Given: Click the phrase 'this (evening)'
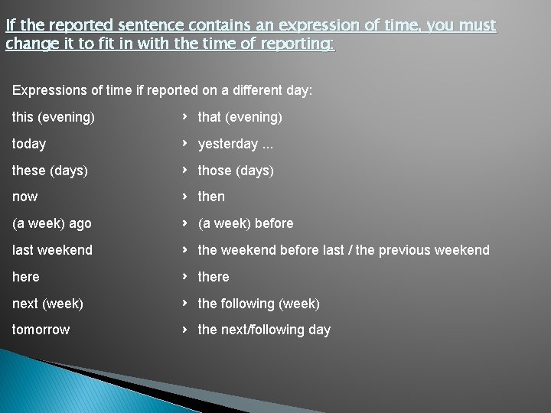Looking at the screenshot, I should point(54,117).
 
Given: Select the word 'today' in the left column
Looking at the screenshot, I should point(29,144).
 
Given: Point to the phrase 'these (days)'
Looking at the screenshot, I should point(50,171).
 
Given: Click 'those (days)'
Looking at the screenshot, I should point(235,171).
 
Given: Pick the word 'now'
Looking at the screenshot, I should point(24,197).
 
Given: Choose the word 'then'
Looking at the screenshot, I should point(211,197).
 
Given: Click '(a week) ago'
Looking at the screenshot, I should point(51,223).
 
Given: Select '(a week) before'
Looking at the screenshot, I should point(245,223).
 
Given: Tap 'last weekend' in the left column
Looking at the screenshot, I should point(52,250).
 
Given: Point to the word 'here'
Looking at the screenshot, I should point(26,277).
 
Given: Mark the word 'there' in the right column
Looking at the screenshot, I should point(214,277).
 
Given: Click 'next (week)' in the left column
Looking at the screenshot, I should point(47,304).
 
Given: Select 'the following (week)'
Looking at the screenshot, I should point(258,304).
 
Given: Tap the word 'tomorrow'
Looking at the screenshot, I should point(41,330).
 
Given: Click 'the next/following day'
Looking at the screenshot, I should point(264,330).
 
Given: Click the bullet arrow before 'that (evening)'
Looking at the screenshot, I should point(185,117).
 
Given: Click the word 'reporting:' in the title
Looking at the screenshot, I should point(295,44).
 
